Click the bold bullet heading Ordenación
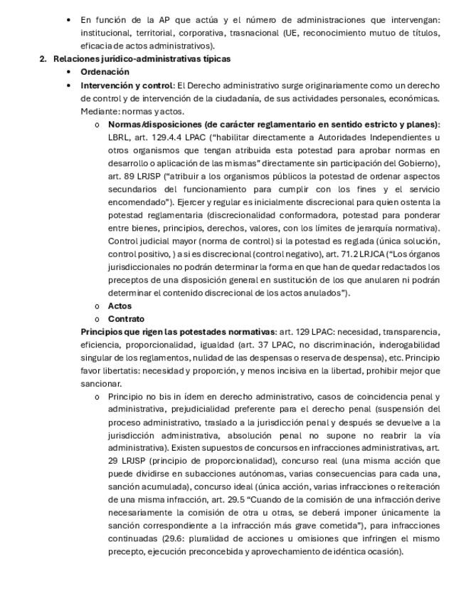(105, 72)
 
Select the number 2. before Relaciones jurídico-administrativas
(43, 59)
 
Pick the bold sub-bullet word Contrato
(126, 319)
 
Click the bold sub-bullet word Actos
(120, 306)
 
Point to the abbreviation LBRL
(120, 137)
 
